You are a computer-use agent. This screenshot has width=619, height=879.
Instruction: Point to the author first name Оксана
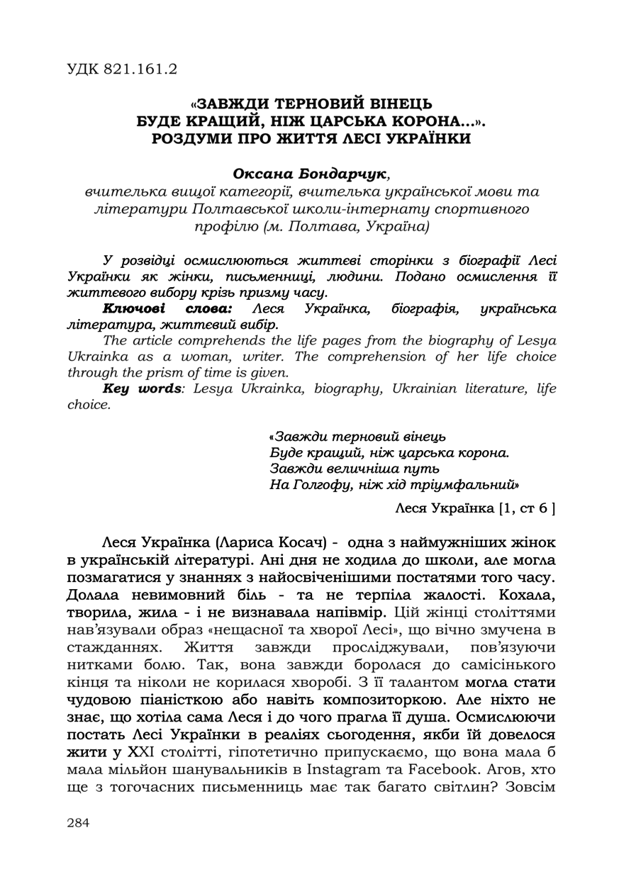[x=264, y=174]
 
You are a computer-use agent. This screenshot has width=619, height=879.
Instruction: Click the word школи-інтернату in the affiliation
[x=387, y=209]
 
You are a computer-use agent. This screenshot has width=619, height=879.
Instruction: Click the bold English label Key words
[x=142, y=388]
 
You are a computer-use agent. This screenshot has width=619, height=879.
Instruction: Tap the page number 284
[x=79, y=822]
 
